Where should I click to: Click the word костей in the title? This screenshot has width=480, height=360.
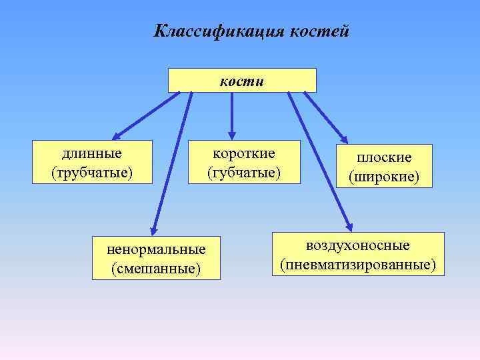[319, 31]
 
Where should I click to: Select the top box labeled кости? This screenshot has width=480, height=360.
[241, 81]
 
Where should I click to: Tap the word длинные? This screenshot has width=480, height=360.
[92, 153]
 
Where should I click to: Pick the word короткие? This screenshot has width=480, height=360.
[243, 153]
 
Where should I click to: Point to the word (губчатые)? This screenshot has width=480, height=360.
[243, 173]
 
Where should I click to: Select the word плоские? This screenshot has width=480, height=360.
[384, 157]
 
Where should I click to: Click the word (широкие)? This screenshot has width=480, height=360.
[384, 177]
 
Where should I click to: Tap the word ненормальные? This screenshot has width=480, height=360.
[157, 249]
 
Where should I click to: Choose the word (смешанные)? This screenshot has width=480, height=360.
[157, 268]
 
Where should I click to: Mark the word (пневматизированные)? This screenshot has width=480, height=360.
[358, 265]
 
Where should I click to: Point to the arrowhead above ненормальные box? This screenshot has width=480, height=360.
[153, 227]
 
